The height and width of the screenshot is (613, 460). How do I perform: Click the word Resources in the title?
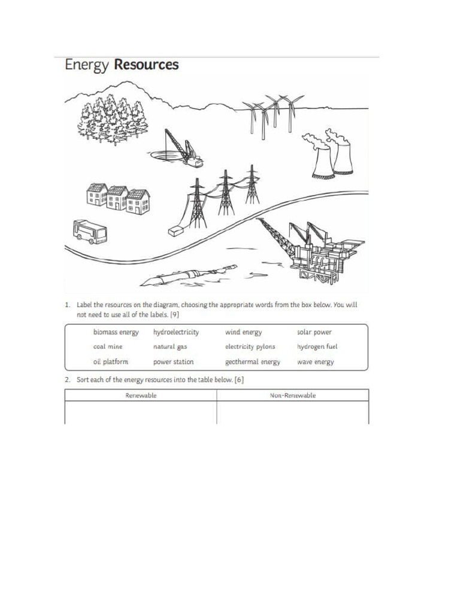[x=147, y=65]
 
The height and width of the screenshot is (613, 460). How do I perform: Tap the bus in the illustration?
[x=89, y=232]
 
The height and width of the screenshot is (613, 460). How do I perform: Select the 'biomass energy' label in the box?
[x=116, y=332]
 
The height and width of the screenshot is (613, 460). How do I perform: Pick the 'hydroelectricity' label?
[x=176, y=332]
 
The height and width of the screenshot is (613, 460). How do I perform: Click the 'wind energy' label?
[x=243, y=332]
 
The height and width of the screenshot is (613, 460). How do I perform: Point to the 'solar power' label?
[x=314, y=332]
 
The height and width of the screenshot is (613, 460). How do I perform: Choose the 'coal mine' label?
[x=108, y=347]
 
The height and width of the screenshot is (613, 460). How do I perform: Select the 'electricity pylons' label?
[x=250, y=347]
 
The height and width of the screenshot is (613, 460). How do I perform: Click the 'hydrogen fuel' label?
[x=317, y=347]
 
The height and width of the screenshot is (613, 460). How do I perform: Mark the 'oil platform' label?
[x=110, y=362]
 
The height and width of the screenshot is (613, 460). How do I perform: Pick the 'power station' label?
[x=173, y=362]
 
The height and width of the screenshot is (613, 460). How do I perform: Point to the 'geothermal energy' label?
[x=252, y=362]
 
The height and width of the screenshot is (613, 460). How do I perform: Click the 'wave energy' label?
[x=315, y=362]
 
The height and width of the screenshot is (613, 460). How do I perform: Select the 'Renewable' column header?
[x=141, y=396]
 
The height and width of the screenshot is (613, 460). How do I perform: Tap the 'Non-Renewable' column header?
[x=293, y=396]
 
